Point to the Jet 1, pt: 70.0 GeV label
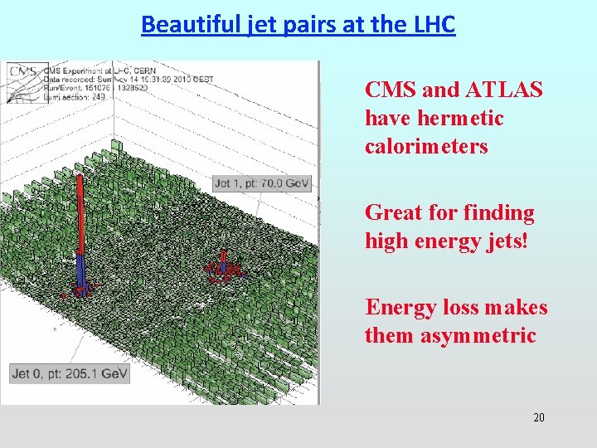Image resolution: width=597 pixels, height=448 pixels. [262, 183]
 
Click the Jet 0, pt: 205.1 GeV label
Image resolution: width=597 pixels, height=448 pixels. [70, 374]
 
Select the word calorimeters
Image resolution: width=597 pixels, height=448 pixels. [426, 147]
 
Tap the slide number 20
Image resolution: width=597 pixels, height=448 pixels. [538, 417]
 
